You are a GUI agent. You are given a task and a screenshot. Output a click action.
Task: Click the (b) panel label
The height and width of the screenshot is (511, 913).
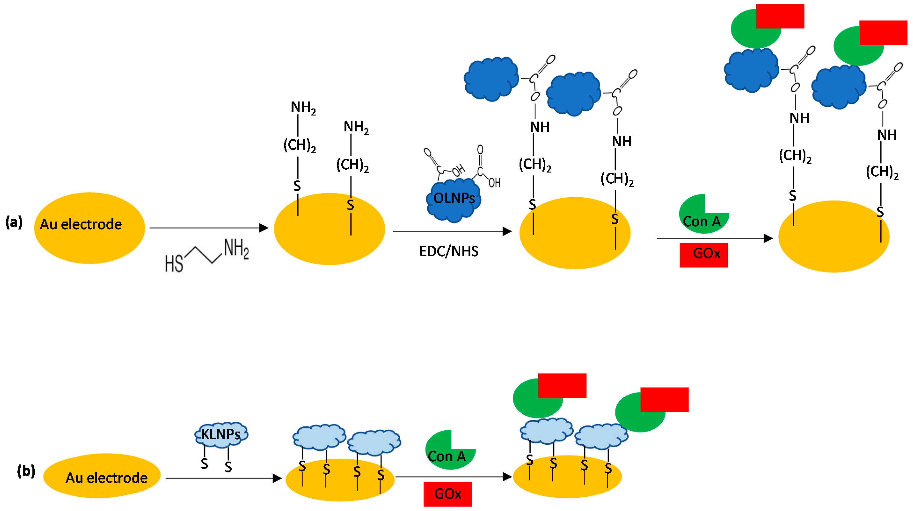point(26,471)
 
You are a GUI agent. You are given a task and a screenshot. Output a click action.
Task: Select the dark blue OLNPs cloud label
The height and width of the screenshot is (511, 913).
point(454,198)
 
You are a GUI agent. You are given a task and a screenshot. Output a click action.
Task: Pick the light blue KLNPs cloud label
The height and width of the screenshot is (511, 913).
point(221,434)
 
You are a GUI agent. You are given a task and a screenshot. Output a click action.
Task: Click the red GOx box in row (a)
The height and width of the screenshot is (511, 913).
point(704,255)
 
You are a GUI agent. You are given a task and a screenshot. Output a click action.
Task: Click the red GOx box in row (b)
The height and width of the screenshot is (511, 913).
point(447,494)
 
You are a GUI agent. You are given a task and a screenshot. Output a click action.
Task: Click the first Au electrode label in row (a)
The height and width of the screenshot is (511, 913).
point(81,224)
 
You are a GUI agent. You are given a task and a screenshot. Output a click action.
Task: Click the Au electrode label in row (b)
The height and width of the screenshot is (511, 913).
point(106,478)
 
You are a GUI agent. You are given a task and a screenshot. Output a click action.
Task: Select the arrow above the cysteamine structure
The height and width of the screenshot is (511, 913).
point(209,228)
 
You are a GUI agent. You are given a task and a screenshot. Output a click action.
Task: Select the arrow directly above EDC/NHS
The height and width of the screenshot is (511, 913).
point(452,231)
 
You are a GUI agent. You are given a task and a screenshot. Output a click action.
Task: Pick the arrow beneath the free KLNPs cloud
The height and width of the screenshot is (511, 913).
point(223,479)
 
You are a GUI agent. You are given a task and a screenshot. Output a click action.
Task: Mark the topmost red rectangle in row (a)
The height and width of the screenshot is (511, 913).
point(780,16)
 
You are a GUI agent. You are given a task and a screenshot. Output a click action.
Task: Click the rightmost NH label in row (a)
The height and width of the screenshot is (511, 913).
point(887,135)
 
